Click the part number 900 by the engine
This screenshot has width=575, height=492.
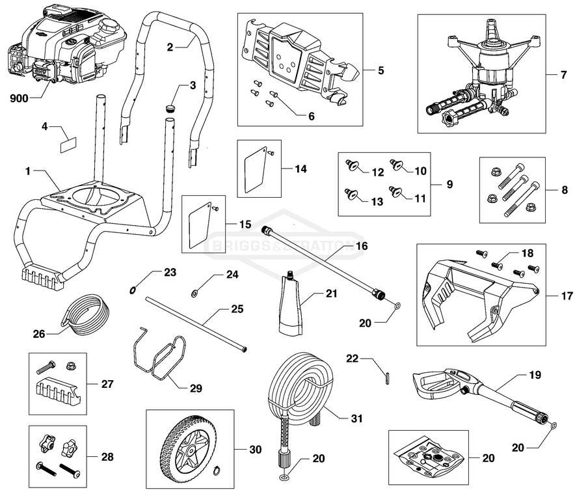click(x=19, y=100)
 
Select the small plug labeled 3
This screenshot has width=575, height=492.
click(x=172, y=109)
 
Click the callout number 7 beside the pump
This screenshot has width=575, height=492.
click(x=563, y=75)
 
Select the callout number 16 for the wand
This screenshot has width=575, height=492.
click(x=362, y=246)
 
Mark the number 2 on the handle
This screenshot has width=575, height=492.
click(x=170, y=47)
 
